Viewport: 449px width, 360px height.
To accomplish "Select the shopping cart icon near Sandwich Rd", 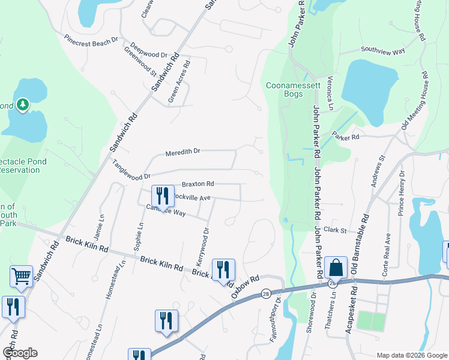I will tap(21, 277).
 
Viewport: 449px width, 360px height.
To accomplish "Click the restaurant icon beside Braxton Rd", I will tap(162, 195).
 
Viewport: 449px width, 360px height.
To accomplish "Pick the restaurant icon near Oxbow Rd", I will tap(223, 269).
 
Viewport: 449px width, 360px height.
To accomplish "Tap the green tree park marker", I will tap(23, 106).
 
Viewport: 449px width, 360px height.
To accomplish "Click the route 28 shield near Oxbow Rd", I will tap(265, 293).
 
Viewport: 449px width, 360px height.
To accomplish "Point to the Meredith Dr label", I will tap(182, 152).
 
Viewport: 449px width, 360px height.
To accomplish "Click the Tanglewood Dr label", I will tap(130, 170).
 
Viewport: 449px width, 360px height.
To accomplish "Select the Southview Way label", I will tap(383, 51).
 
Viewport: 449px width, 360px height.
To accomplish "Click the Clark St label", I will tap(336, 230).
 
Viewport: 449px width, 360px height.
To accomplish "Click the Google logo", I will tap(19, 353).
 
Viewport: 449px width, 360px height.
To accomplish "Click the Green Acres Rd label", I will tap(179, 82).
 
